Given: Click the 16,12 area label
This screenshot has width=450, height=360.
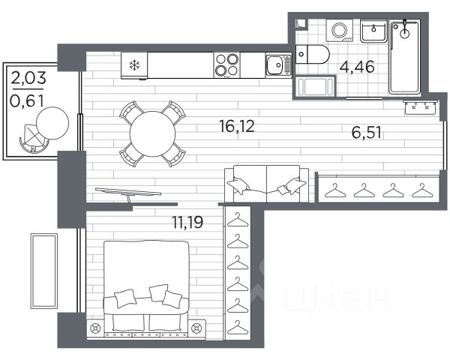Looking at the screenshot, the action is click(237, 126).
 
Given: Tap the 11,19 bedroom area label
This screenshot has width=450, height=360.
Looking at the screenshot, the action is click(187, 222).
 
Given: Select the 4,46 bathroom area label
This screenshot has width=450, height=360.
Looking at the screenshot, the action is click(357, 67).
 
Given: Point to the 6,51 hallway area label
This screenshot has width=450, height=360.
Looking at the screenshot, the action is click(367, 133).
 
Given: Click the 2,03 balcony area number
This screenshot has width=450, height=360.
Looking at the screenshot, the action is click(28, 77).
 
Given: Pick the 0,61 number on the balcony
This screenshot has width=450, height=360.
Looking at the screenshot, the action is click(27, 100).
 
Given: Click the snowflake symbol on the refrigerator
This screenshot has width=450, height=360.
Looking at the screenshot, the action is click(134, 65).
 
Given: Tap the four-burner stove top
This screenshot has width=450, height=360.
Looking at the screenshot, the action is click(226, 65).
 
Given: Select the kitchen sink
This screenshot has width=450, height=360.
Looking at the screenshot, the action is click(278, 65).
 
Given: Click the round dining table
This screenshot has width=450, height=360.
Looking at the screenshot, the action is click(152, 133).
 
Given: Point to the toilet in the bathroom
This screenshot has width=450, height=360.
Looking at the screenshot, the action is click(312, 54).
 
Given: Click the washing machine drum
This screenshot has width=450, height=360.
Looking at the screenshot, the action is click(340, 30).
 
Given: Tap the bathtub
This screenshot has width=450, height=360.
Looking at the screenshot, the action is click(404, 56).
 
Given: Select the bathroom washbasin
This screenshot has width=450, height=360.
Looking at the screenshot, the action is click(373, 31).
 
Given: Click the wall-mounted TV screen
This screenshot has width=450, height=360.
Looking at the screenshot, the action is click(128, 191).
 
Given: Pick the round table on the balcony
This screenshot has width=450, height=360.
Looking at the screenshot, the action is click(52, 123).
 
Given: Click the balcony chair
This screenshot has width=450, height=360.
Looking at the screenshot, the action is click(32, 138).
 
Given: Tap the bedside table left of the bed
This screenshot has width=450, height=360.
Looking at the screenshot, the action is click(95, 328).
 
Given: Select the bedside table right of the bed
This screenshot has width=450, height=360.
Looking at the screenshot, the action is click(196, 328).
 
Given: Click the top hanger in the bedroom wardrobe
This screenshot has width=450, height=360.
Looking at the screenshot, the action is click(237, 220).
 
